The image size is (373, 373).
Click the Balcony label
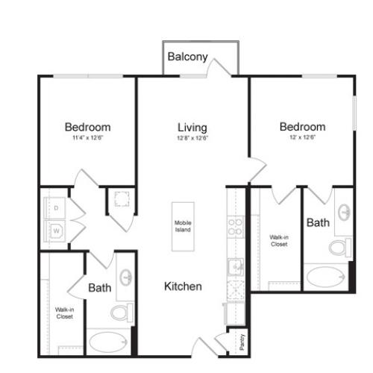187,57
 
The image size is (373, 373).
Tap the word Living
192,128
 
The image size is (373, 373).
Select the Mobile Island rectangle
184,226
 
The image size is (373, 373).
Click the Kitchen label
183,286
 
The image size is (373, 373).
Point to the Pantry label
242,342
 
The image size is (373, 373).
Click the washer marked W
56,231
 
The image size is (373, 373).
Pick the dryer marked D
56,207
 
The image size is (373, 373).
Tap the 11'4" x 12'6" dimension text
87,138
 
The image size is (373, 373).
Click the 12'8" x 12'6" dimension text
192,138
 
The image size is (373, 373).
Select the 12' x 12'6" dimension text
301,138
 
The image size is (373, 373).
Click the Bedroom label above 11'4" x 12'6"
87,127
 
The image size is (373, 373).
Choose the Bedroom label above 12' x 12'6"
302,127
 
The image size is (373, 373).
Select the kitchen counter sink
235,266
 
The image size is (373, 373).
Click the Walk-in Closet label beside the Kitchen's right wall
279,240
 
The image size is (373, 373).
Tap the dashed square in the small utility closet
121,199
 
